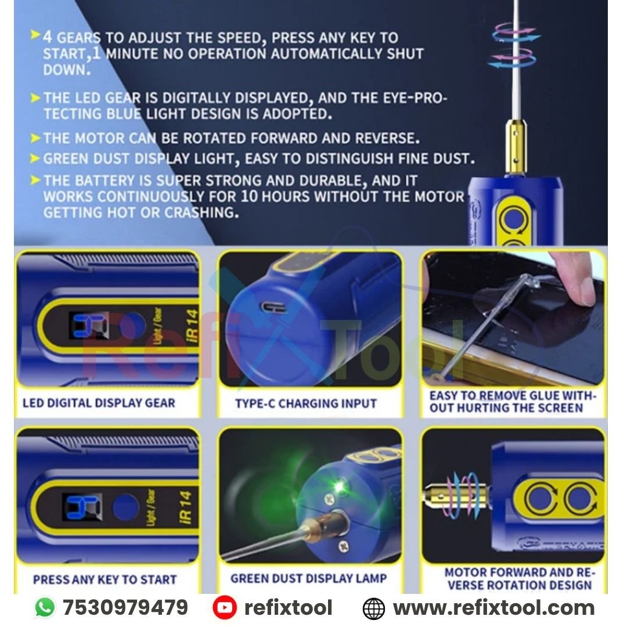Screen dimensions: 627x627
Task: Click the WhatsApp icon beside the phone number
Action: click(x=45, y=607)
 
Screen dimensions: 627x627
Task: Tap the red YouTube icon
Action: click(x=224, y=608)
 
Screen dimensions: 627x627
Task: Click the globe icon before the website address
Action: click(x=373, y=608)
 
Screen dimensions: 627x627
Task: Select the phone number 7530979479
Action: click(x=125, y=607)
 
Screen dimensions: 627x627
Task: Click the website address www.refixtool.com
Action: click(x=494, y=608)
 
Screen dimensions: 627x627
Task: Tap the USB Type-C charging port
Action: click(x=273, y=308)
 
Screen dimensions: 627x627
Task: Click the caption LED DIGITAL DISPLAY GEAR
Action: click(x=99, y=403)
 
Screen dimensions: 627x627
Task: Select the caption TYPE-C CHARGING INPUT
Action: click(x=306, y=403)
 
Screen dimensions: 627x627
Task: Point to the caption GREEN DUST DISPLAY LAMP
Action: click(x=308, y=578)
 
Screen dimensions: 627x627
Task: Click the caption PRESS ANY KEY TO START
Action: click(x=105, y=579)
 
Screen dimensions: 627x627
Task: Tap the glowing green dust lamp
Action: click(x=338, y=487)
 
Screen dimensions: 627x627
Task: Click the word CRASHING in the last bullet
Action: click(x=202, y=212)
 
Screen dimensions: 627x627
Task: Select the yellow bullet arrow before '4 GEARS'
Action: click(x=35, y=35)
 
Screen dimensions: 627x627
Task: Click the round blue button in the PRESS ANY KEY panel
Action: click(x=126, y=507)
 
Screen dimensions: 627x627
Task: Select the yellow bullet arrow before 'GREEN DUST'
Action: click(x=35, y=158)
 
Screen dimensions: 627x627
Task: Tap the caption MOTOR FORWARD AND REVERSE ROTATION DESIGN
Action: click(x=520, y=579)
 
